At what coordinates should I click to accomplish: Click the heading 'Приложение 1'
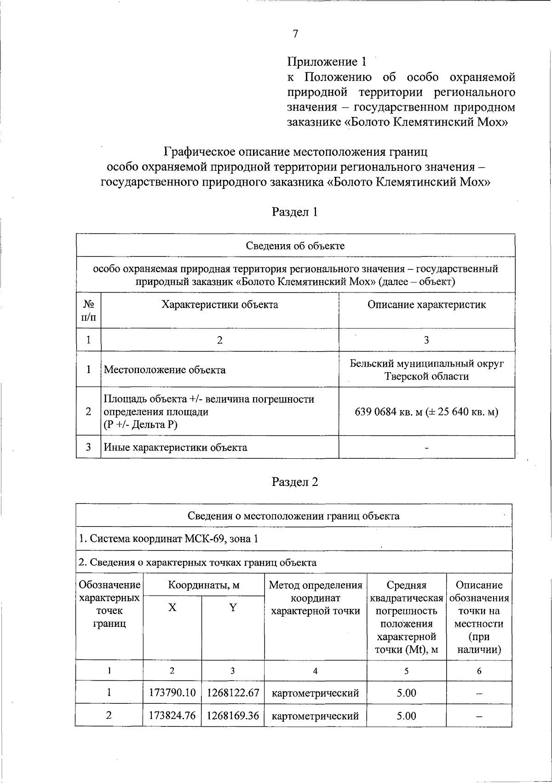[327, 62]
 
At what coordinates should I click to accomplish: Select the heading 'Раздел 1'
[295, 212]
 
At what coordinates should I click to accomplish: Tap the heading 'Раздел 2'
[295, 482]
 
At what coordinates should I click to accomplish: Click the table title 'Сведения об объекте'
[295, 245]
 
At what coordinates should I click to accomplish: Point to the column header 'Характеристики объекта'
[219, 304]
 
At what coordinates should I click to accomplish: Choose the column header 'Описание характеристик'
[426, 304]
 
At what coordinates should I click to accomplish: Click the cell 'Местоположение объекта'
[165, 370]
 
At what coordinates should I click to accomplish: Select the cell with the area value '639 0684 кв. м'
[426, 412]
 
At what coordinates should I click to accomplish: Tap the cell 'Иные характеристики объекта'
[175, 447]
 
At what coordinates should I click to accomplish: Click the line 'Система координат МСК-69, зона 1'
[168, 539]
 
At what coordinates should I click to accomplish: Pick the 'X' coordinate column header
[172, 608]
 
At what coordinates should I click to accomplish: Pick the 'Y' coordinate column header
[233, 608]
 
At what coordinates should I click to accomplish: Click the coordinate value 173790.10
[172, 693]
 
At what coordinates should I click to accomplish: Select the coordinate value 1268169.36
[233, 716]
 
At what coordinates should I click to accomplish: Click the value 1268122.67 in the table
[233, 693]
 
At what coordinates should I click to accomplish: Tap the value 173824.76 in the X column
[172, 716]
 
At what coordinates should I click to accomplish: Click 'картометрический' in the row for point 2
[315, 716]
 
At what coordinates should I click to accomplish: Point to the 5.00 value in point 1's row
[406, 693]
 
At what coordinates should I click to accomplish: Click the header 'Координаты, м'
[204, 585]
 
